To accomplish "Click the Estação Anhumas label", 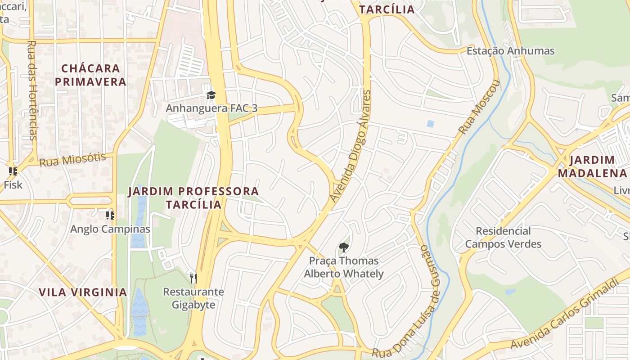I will coord(510,51).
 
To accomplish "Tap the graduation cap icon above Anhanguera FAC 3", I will coord(211,95).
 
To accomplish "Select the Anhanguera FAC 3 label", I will coord(211,108).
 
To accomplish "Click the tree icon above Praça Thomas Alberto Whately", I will coord(343,247).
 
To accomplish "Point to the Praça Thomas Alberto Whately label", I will coord(344,267).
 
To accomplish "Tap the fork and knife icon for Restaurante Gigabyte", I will coord(193,278).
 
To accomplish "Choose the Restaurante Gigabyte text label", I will coord(193,298).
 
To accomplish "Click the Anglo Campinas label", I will coord(110,229).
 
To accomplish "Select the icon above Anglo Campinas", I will coord(110,216).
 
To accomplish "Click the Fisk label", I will coord(13,184).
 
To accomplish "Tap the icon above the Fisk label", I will coord(13,171).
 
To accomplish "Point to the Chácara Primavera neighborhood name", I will coord(94,75).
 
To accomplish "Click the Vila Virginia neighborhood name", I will coord(83,292).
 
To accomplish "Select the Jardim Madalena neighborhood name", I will coord(592,166).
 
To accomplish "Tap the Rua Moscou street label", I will coord(479,107).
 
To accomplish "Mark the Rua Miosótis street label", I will coord(72,159).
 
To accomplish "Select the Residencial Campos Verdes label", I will coord(503,238).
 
